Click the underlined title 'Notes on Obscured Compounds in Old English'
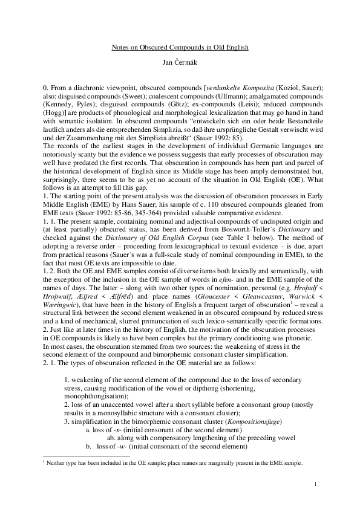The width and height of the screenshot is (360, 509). coord(180,47)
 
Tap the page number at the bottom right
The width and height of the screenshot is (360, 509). coord(316,485)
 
